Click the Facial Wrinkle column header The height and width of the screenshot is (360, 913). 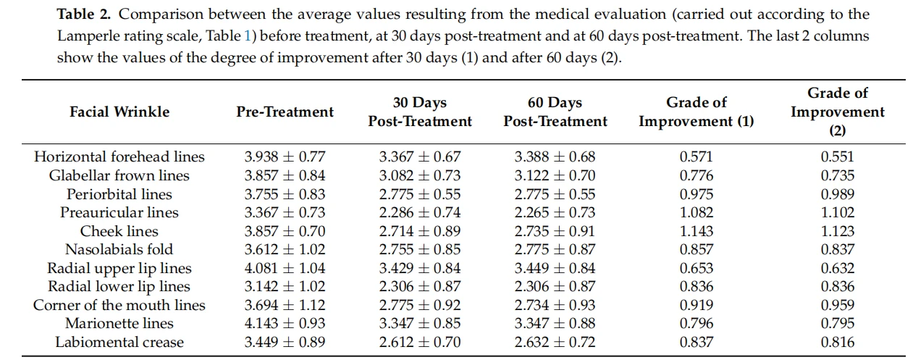click(x=119, y=112)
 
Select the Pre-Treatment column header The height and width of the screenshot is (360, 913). click(x=285, y=112)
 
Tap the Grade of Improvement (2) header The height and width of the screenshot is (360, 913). click(x=838, y=112)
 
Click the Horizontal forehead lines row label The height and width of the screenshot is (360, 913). click(x=119, y=156)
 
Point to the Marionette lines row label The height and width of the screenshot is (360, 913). click(x=119, y=323)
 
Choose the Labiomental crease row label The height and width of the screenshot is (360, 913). click(x=119, y=342)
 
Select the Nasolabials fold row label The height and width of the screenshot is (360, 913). click(x=119, y=249)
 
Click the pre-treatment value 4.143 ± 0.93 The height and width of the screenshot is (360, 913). click(x=285, y=323)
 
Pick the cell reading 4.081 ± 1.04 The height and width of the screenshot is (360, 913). click(x=285, y=268)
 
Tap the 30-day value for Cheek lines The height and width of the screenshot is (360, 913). click(x=420, y=231)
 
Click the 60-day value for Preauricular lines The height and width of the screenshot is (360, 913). click(x=555, y=212)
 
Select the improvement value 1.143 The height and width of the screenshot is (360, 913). click(x=697, y=231)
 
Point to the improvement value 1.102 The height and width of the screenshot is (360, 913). click(x=838, y=212)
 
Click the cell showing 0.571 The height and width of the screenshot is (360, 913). click(x=697, y=156)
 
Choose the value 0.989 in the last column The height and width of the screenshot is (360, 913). click(x=838, y=194)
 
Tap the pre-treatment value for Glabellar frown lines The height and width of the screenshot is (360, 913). click(x=285, y=175)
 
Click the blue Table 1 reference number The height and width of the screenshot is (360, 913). click(x=248, y=36)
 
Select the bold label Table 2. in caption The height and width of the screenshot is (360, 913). click(x=83, y=14)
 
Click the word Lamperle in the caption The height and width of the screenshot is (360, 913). click(x=90, y=36)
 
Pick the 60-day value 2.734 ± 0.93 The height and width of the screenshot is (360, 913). click(x=555, y=305)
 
